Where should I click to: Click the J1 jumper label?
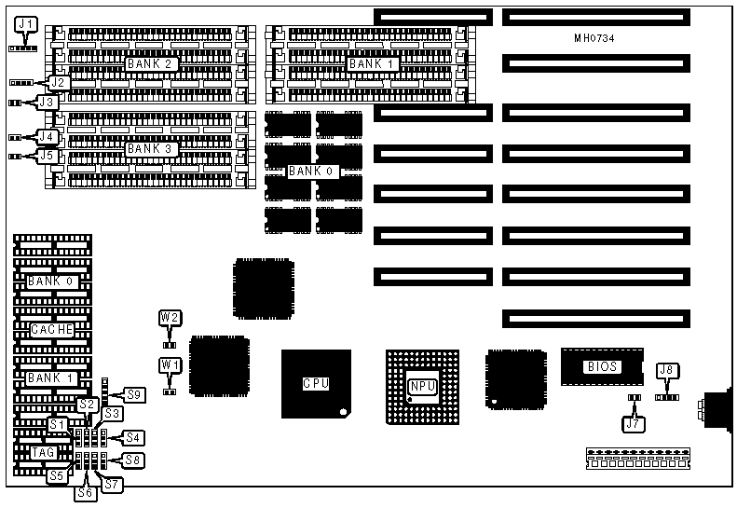click(x=26, y=24)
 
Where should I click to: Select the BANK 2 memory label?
click(x=150, y=64)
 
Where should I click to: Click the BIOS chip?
click(x=602, y=366)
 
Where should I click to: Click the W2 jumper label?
click(x=170, y=318)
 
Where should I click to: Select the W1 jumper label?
click(x=170, y=364)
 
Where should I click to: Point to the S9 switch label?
click(x=136, y=394)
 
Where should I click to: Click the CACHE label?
click(x=52, y=330)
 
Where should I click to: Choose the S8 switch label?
click(x=133, y=459)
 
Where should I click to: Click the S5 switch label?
click(x=58, y=474)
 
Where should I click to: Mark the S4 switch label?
click(x=133, y=436)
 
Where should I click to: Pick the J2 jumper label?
click(x=59, y=83)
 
